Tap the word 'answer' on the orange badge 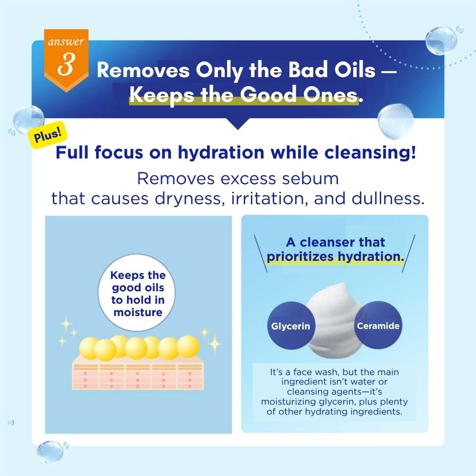tap(66, 41)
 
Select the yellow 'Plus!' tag tap(47, 135)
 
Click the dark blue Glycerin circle tap(291, 326)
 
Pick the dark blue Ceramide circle tap(378, 326)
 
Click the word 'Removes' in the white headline tap(143, 70)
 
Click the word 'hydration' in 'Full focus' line tap(221, 152)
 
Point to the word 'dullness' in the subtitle tap(387, 198)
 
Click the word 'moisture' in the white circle tap(138, 312)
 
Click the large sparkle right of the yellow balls tap(215, 344)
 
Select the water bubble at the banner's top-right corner tap(441, 40)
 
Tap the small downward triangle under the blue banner tap(238, 124)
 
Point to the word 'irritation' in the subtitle tap(268, 198)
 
